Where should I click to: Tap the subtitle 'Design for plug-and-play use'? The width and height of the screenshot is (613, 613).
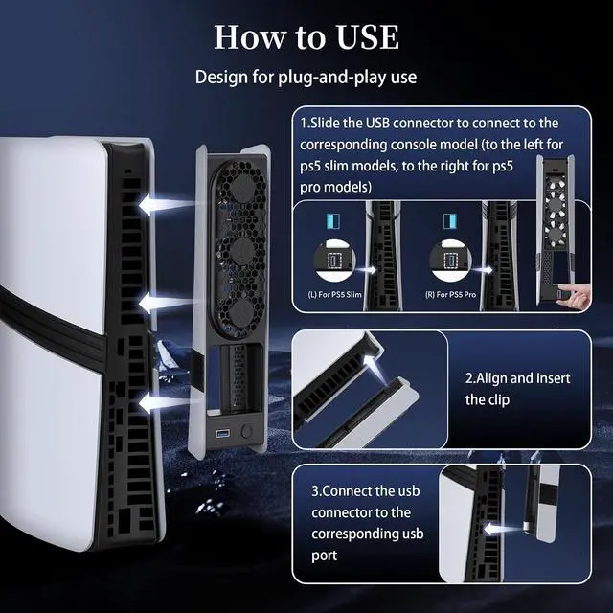click(x=306, y=77)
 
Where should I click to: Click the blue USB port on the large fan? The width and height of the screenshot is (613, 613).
click(x=223, y=433)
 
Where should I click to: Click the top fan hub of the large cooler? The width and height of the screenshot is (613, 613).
click(x=241, y=187)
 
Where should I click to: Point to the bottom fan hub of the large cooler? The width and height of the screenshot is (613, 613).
click(x=242, y=312)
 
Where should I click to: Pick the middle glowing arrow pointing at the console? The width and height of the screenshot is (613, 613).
click(x=166, y=304)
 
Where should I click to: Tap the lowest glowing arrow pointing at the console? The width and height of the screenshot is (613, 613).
click(x=166, y=402)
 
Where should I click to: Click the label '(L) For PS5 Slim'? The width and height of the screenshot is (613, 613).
click(x=334, y=295)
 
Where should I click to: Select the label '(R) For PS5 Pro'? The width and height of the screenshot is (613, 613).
click(x=451, y=295)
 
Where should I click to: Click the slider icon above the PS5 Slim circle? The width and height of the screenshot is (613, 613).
click(x=333, y=221)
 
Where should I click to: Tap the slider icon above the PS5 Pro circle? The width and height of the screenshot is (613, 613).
click(x=450, y=221)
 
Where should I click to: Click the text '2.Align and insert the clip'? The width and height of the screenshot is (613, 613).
click(x=517, y=389)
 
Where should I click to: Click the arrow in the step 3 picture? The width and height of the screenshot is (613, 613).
click(x=504, y=530)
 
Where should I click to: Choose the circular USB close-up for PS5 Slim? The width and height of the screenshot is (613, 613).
click(x=334, y=260)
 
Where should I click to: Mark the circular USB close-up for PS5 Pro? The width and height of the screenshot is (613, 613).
click(x=450, y=260)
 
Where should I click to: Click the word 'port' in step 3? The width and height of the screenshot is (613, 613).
click(x=324, y=556)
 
